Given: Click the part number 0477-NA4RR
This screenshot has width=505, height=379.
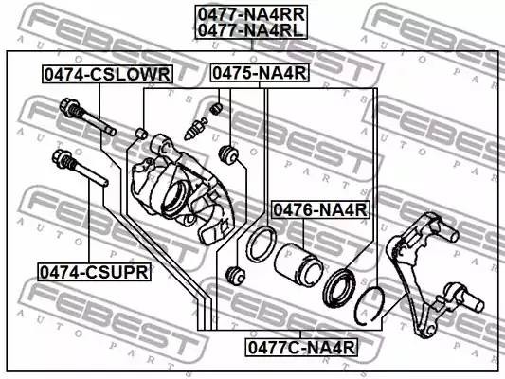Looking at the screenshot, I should pos(252,13).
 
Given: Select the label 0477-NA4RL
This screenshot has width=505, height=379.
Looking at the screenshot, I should pos(252,30).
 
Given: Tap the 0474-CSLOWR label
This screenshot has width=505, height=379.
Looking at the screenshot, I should pos(105,74).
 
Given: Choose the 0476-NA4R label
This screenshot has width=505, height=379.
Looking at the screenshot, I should pos(320,209).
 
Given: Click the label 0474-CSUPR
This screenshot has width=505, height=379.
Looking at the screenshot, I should pos(94,272).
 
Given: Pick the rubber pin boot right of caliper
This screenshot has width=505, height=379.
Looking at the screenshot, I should pos(227,153).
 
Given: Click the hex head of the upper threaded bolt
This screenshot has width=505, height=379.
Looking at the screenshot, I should pos(68,113).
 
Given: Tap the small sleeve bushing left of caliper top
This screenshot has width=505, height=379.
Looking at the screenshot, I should pos(141,131).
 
